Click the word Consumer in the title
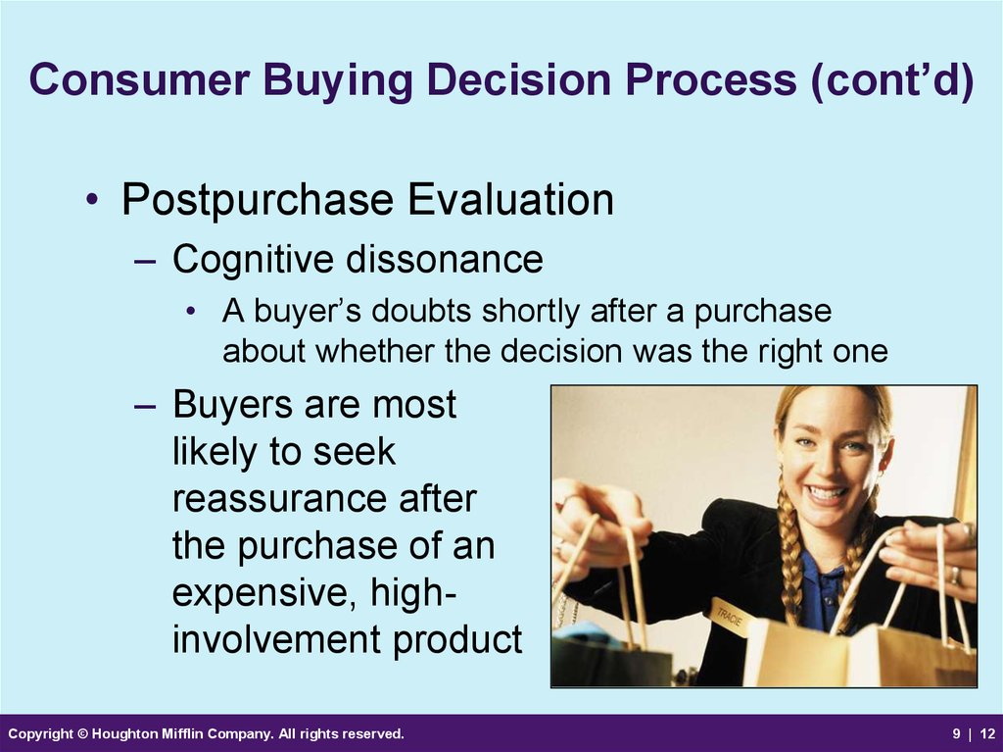(x=139, y=79)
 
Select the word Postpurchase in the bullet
(x=258, y=201)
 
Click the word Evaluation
(x=510, y=199)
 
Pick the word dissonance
(x=445, y=260)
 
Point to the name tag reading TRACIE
(x=730, y=616)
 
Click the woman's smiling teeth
(x=825, y=494)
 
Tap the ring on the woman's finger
(x=954, y=575)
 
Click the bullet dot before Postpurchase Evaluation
(x=92, y=200)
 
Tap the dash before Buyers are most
(x=145, y=406)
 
